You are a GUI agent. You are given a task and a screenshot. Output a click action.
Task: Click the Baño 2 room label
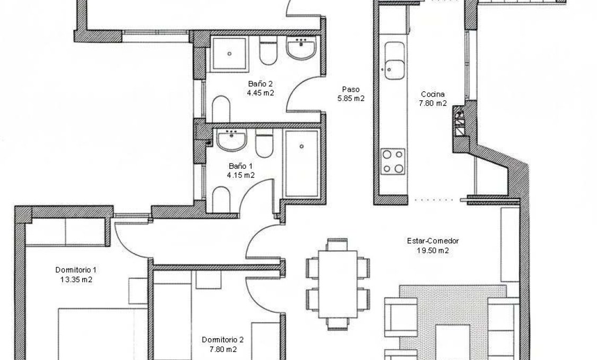coord(260,84)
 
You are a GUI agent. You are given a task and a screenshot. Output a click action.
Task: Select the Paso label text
coord(351,89)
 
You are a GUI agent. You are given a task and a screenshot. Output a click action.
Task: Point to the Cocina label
coord(433,95)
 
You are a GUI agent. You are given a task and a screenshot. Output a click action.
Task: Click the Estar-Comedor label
coord(433,241)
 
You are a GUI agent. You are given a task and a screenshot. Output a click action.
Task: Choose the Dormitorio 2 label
coord(223,340)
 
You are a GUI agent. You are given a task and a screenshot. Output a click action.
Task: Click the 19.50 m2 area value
coord(433,251)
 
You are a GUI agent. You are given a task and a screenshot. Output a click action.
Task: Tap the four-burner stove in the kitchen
coord(393,162)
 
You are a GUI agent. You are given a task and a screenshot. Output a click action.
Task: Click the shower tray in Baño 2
coord(229,54)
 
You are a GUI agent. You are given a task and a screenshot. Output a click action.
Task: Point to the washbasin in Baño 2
coord(301,49)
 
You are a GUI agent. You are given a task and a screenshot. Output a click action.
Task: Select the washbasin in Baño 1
coord(231,140)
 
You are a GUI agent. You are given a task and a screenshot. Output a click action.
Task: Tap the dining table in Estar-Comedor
coord(336,284)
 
